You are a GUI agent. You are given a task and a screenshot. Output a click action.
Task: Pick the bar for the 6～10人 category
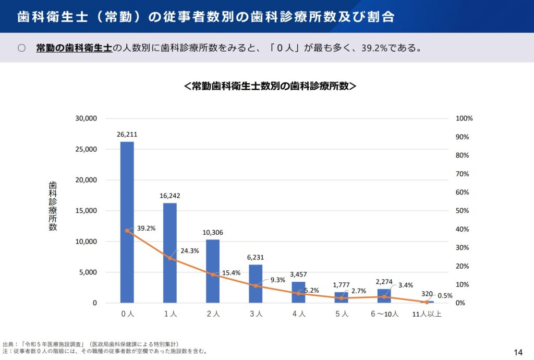(384, 296)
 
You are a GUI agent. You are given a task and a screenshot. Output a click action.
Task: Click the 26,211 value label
(127, 135)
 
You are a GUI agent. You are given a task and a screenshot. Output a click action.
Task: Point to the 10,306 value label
(213, 232)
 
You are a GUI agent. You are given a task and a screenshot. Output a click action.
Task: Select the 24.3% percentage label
(190, 250)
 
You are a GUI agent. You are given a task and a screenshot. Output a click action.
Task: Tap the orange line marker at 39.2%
(127, 231)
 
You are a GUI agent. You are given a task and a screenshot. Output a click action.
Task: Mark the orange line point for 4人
(298, 293)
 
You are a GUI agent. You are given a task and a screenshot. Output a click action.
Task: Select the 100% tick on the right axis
(464, 118)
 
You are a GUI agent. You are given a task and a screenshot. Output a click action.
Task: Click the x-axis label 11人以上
(427, 314)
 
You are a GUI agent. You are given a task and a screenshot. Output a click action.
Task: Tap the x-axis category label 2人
(213, 314)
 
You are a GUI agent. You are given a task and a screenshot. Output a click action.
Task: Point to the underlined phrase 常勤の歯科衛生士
(74, 48)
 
